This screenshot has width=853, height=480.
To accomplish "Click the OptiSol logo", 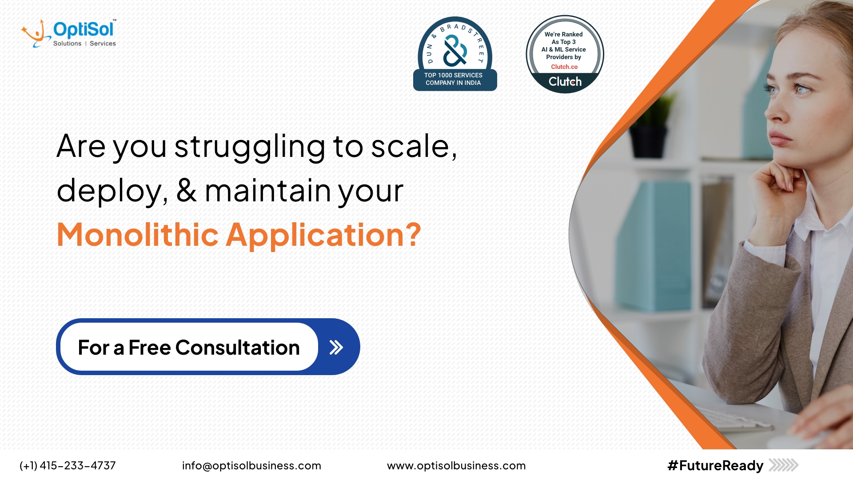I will point(69,33).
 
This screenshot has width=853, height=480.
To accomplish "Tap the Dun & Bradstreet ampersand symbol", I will point(455,51).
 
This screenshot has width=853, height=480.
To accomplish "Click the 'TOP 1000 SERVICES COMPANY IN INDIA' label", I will point(454,79).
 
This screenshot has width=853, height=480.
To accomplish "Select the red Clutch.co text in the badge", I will point(564,67).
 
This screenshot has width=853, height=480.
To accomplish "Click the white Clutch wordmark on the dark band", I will point(565,82).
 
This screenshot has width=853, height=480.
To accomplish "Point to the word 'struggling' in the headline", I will point(250,148).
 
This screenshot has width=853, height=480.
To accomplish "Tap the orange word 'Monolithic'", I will point(138,235).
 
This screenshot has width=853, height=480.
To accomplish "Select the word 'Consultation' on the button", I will point(237,348).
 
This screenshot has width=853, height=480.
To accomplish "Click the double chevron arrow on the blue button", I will point(336,347).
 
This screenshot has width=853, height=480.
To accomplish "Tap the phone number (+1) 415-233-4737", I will point(68,465).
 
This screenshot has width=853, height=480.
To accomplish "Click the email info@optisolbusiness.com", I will point(251,465).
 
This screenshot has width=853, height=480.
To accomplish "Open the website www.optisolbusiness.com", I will point(456,465).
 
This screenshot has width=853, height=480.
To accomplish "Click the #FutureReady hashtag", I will point(715,465).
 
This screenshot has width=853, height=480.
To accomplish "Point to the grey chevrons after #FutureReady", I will point(784,465).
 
